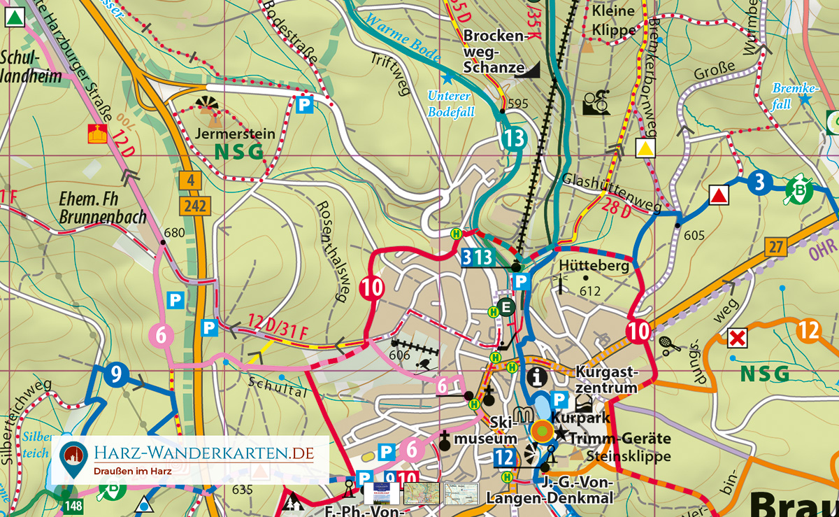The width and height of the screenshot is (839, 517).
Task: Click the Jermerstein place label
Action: (225, 133)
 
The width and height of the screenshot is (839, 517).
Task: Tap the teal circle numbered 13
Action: (513, 139)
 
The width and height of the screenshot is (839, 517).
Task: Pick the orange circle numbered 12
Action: (808, 330)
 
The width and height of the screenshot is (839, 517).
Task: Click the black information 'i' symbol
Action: (536, 376)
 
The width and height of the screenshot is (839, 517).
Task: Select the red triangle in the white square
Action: (719, 195)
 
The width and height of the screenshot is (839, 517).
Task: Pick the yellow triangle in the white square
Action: (645, 148)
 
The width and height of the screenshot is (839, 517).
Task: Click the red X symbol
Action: (736, 339)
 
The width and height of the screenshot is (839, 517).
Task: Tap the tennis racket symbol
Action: (666, 344)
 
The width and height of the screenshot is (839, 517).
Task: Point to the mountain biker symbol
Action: (596, 102)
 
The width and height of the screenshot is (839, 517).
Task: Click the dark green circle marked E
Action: (506, 306)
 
